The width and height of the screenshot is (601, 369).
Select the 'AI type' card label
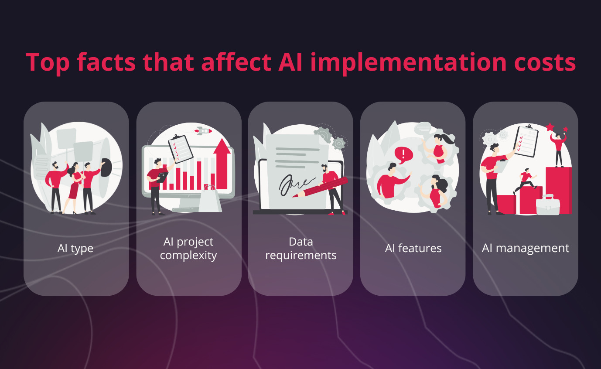(75, 249)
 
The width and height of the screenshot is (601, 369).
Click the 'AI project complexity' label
(188, 248)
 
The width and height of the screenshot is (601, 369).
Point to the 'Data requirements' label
(300, 248)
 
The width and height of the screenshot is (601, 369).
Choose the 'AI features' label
(413, 249)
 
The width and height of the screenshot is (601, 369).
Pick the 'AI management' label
(525, 249)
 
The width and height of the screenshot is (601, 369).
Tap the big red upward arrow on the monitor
(222, 164)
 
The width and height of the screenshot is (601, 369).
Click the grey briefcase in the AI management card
(548, 205)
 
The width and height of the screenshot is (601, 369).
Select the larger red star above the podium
(550, 127)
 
